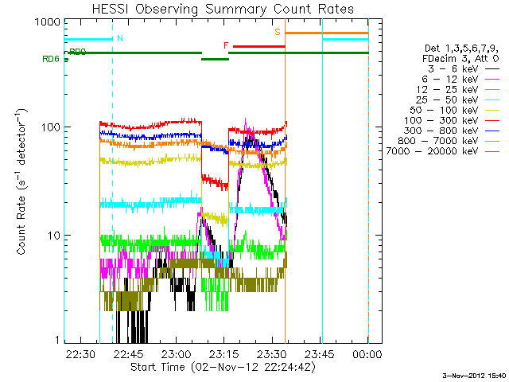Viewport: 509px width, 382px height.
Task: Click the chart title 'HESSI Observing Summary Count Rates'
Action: coord(216,10)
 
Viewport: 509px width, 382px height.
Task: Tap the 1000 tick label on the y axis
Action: coord(50,23)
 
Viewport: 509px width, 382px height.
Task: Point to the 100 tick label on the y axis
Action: coord(52,127)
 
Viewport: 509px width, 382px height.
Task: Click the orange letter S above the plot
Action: coord(278,31)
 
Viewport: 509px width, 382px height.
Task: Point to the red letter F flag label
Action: coord(226,45)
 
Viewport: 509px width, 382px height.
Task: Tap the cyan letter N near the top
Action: coord(119,38)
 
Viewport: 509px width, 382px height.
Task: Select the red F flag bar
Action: coord(258,46)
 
